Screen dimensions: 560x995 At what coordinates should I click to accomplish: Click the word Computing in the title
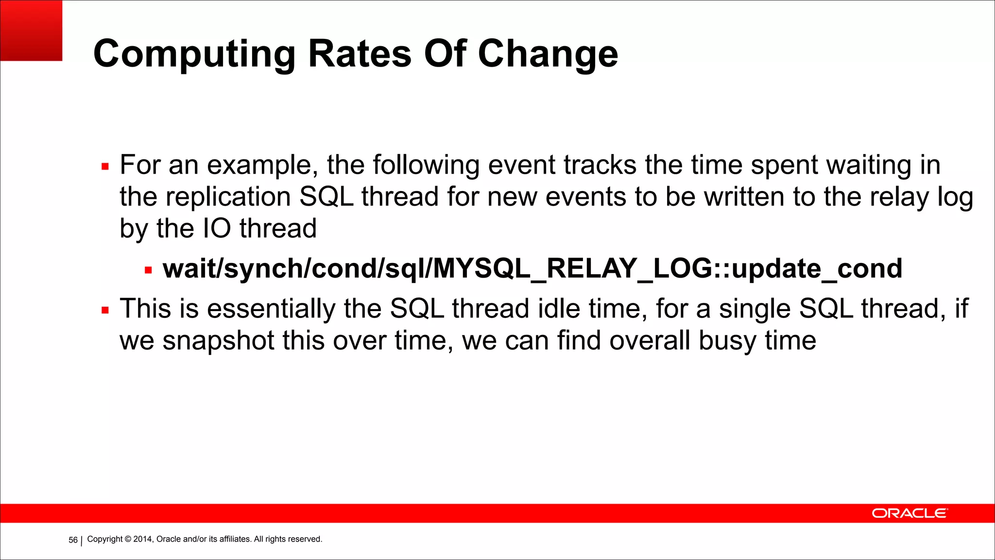point(194,53)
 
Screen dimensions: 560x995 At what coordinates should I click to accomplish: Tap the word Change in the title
point(548,53)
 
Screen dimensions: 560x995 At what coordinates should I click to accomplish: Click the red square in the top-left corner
point(31,30)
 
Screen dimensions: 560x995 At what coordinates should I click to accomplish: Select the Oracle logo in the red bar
point(909,513)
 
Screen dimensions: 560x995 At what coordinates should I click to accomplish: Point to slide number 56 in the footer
point(73,540)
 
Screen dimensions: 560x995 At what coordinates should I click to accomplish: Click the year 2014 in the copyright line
point(143,539)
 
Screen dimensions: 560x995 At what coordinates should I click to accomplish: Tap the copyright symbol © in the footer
point(128,539)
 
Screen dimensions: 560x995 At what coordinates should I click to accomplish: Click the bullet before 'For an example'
point(105,167)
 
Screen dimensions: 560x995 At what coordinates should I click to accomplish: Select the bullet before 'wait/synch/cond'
point(148,270)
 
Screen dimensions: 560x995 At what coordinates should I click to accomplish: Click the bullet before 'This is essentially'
point(105,310)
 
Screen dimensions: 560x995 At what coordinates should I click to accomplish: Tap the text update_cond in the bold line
point(816,269)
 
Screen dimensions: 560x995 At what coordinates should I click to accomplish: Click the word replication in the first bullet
point(228,197)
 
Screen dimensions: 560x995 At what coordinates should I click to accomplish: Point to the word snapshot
point(218,340)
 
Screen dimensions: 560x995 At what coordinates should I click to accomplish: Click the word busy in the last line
point(727,340)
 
